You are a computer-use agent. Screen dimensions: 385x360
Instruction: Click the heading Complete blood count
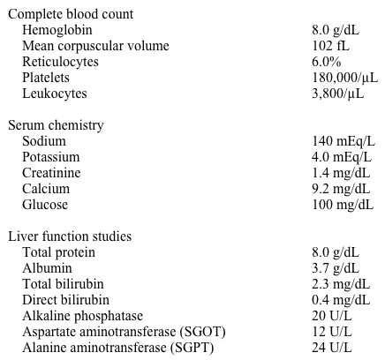pos(71,13)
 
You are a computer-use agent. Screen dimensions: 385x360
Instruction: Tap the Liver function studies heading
pos(70,236)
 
